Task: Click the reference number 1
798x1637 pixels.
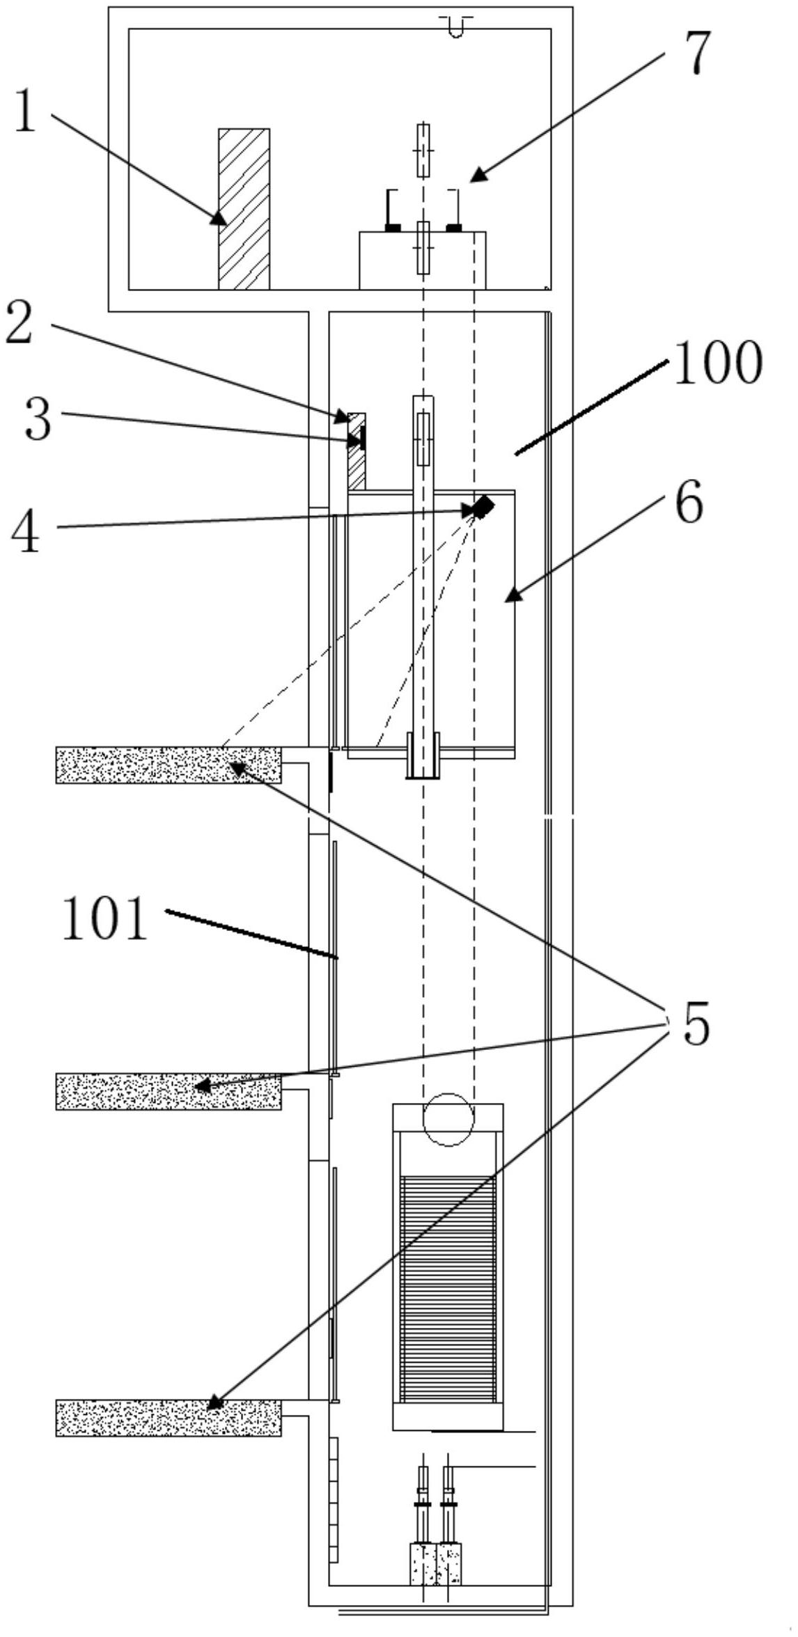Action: [x=25, y=112]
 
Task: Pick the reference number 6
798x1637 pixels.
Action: [x=689, y=501]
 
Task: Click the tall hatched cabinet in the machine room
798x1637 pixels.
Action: [x=244, y=209]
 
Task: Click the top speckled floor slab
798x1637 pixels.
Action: [x=169, y=765]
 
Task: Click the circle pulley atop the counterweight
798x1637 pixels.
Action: [x=448, y=1120]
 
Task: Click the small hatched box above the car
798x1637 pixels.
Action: [x=357, y=451]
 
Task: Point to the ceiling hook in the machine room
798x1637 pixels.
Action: [x=456, y=26]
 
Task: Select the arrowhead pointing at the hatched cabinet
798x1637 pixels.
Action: [x=219, y=217]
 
